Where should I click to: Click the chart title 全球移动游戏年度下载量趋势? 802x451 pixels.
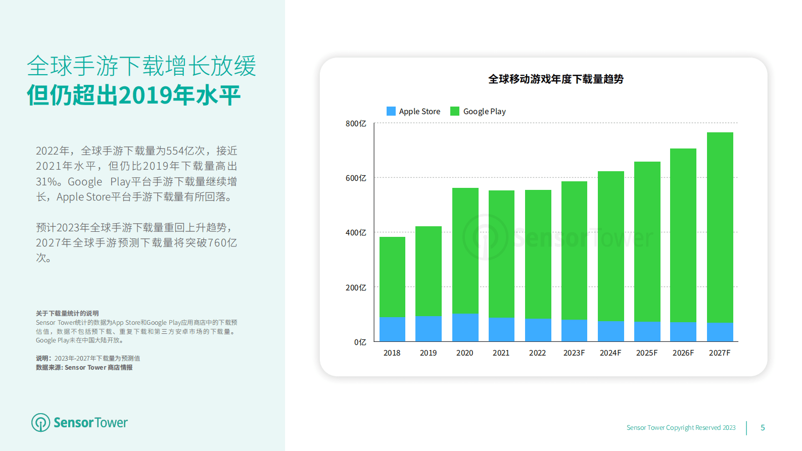pyautogui.click(x=555, y=79)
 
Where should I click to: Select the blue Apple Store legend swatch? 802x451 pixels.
pyautogui.click(x=391, y=111)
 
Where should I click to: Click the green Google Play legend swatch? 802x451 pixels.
pyautogui.click(x=455, y=111)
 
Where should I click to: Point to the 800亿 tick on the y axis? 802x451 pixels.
pyautogui.click(x=356, y=124)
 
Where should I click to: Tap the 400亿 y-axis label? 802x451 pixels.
pyautogui.click(x=356, y=233)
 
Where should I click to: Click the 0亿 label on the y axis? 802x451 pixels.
pyautogui.click(x=360, y=342)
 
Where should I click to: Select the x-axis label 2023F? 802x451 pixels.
pyautogui.click(x=574, y=353)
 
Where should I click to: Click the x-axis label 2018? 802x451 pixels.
pyautogui.click(x=392, y=353)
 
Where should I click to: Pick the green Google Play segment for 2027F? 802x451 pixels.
pyautogui.click(x=720, y=227)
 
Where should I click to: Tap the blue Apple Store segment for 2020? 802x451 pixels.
pyautogui.click(x=465, y=327)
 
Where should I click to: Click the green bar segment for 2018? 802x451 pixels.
pyautogui.click(x=392, y=277)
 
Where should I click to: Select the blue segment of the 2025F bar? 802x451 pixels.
pyautogui.click(x=647, y=331)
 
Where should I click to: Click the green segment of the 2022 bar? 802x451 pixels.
pyautogui.click(x=538, y=254)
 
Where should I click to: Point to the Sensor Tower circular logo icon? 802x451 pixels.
pyautogui.click(x=41, y=423)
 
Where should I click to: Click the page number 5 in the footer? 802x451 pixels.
pyautogui.click(x=763, y=428)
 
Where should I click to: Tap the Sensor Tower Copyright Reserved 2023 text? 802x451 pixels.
pyautogui.click(x=681, y=428)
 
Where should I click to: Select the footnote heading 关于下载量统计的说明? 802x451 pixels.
pyautogui.click(x=67, y=314)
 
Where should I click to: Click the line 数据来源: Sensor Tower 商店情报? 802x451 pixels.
pyautogui.click(x=84, y=368)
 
